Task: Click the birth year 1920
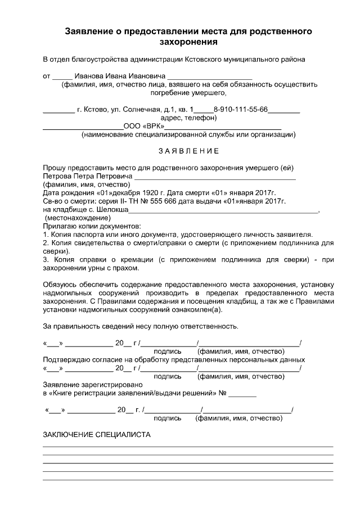136,192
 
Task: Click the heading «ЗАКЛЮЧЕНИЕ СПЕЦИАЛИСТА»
97,435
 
